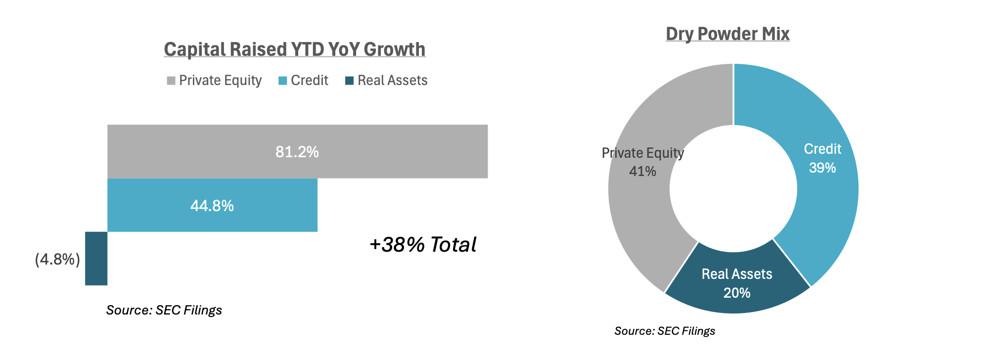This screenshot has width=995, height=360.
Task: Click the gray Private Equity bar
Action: tap(396, 151)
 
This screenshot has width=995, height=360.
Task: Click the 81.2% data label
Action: tap(297, 152)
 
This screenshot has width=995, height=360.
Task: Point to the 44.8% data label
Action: tap(212, 206)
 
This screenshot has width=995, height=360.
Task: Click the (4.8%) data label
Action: tap(57, 259)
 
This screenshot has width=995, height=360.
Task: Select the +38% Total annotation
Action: tap(423, 245)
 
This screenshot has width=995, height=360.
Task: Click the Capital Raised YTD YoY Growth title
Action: tap(295, 49)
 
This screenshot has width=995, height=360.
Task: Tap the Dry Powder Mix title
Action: tap(727, 34)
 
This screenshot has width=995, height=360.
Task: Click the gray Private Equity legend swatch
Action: tap(171, 81)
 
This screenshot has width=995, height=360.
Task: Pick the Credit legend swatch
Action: tap(283, 81)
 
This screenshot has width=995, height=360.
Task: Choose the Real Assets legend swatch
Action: tap(350, 81)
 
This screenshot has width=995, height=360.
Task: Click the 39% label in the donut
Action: tap(822, 168)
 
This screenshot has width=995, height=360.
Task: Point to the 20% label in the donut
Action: tap(737, 293)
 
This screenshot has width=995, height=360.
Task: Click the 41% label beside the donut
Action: tap(642, 172)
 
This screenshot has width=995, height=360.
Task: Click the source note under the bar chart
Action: tap(164, 310)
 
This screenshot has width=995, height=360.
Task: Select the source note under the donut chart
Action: tap(665, 331)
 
